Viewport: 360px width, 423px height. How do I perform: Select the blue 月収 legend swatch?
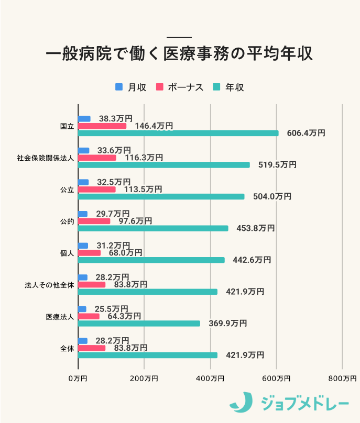pos(118,87)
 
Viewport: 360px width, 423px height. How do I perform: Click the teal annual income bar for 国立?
pos(178,133)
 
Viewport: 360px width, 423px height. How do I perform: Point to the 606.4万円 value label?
pos(306,133)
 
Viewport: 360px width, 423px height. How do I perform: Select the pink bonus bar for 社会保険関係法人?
pos(97,158)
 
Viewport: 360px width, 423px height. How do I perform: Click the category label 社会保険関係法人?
pos(46,158)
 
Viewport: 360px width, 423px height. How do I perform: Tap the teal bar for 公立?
pos(161,196)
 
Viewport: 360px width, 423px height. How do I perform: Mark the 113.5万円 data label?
pos(143,189)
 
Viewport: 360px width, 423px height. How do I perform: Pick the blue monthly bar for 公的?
pos(83,214)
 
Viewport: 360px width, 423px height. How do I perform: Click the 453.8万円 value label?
pos(256,228)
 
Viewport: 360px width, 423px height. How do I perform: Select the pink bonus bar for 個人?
pos(90,253)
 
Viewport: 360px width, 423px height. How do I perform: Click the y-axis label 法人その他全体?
pos(50,285)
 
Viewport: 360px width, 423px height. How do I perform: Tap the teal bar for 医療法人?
pos(139,324)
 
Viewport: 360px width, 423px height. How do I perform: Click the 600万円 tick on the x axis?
pos(276,378)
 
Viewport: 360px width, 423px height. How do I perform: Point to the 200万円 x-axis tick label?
pos(144,378)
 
